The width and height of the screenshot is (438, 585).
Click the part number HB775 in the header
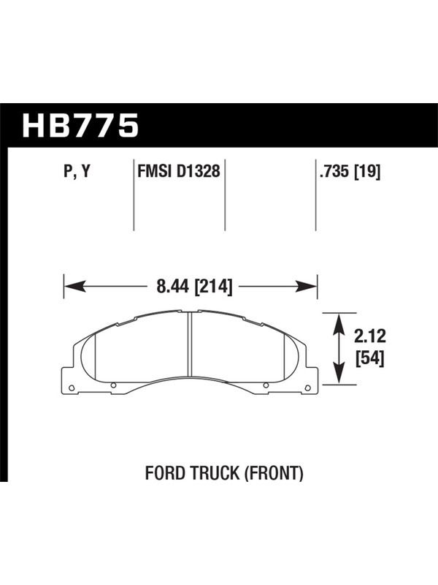80,126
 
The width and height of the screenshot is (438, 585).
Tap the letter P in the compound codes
67,171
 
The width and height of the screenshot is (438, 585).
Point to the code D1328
199,171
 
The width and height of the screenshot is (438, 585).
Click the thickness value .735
334,172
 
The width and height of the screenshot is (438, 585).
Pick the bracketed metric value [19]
367,172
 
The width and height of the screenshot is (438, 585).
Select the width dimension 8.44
174,287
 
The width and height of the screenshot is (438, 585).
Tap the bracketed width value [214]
214,287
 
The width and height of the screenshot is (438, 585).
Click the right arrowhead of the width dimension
306,287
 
